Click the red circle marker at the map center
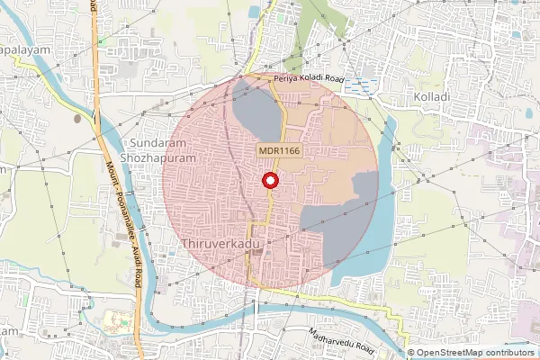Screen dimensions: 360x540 (269, 182)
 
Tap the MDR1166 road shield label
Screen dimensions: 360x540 (279, 151)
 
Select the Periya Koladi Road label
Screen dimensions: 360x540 (309, 80)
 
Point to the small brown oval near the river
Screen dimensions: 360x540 (77, 117)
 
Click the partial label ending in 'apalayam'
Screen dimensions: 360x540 (20, 52)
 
